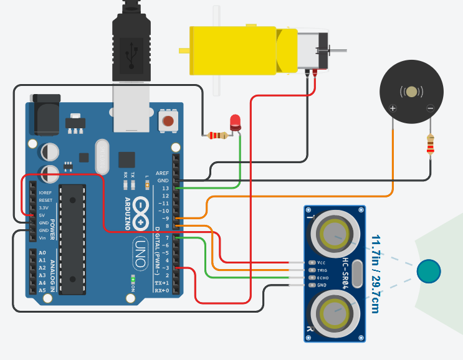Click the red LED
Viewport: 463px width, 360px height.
tap(235, 121)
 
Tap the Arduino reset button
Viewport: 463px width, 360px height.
tap(168, 120)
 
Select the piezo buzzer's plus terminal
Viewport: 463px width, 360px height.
tap(393, 108)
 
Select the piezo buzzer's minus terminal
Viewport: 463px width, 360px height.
tap(430, 108)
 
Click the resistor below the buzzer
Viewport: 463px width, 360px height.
tap(430, 145)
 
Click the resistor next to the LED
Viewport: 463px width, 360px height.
tap(217, 135)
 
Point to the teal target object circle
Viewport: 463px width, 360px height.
tap(428, 270)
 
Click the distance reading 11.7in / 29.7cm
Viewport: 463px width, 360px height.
tap(376, 273)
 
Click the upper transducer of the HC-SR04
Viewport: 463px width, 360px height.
tap(335, 235)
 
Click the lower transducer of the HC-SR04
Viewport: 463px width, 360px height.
tap(335, 313)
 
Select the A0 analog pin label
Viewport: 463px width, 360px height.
tap(42, 253)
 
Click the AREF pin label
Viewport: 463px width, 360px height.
tap(162, 173)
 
